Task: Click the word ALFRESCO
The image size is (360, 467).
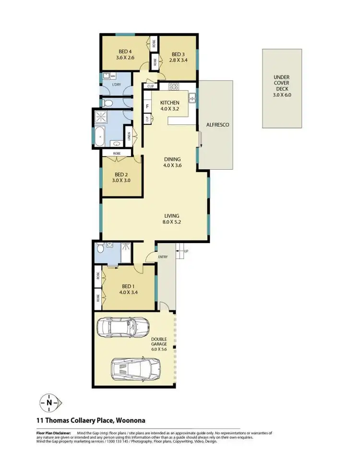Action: [x=217, y=125]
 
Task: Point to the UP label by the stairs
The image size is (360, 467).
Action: [x=185, y=251]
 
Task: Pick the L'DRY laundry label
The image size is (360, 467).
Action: [x=116, y=85]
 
